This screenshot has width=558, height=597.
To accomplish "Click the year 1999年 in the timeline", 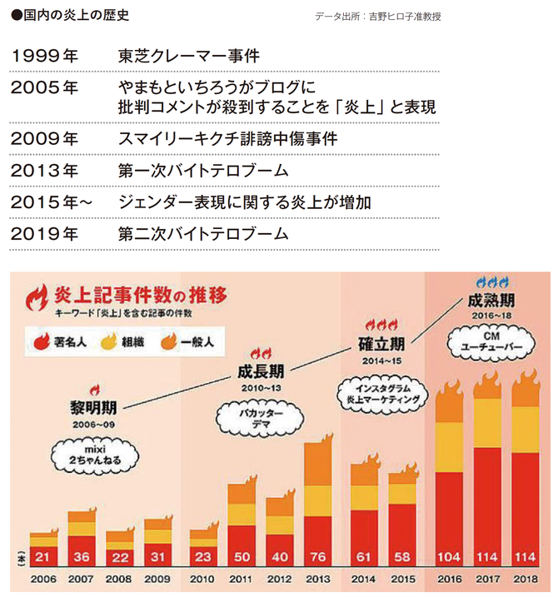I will pos(46,57).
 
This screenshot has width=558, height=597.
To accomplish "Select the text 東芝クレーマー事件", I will pos(189,57).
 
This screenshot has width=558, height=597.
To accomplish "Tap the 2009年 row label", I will pos(46,139).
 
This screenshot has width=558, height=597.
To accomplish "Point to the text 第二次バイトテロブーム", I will pos(203,234).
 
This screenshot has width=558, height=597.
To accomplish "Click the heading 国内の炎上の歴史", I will pos(64,15).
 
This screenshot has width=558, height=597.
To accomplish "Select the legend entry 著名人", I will pos(63,341).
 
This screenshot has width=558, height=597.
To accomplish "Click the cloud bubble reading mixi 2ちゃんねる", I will pos(85,455).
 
